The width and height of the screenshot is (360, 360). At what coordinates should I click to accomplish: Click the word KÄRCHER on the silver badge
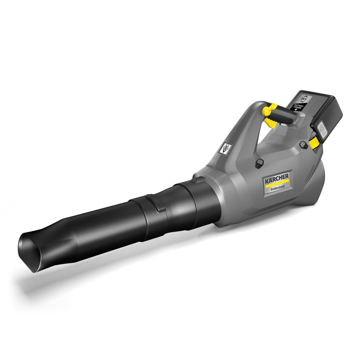point(277,179)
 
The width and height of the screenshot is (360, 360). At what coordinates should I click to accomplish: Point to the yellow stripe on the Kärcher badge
point(277,183)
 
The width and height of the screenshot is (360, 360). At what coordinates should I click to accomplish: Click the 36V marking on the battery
point(303,98)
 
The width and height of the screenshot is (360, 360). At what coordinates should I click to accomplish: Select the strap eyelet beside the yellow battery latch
point(303,145)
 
